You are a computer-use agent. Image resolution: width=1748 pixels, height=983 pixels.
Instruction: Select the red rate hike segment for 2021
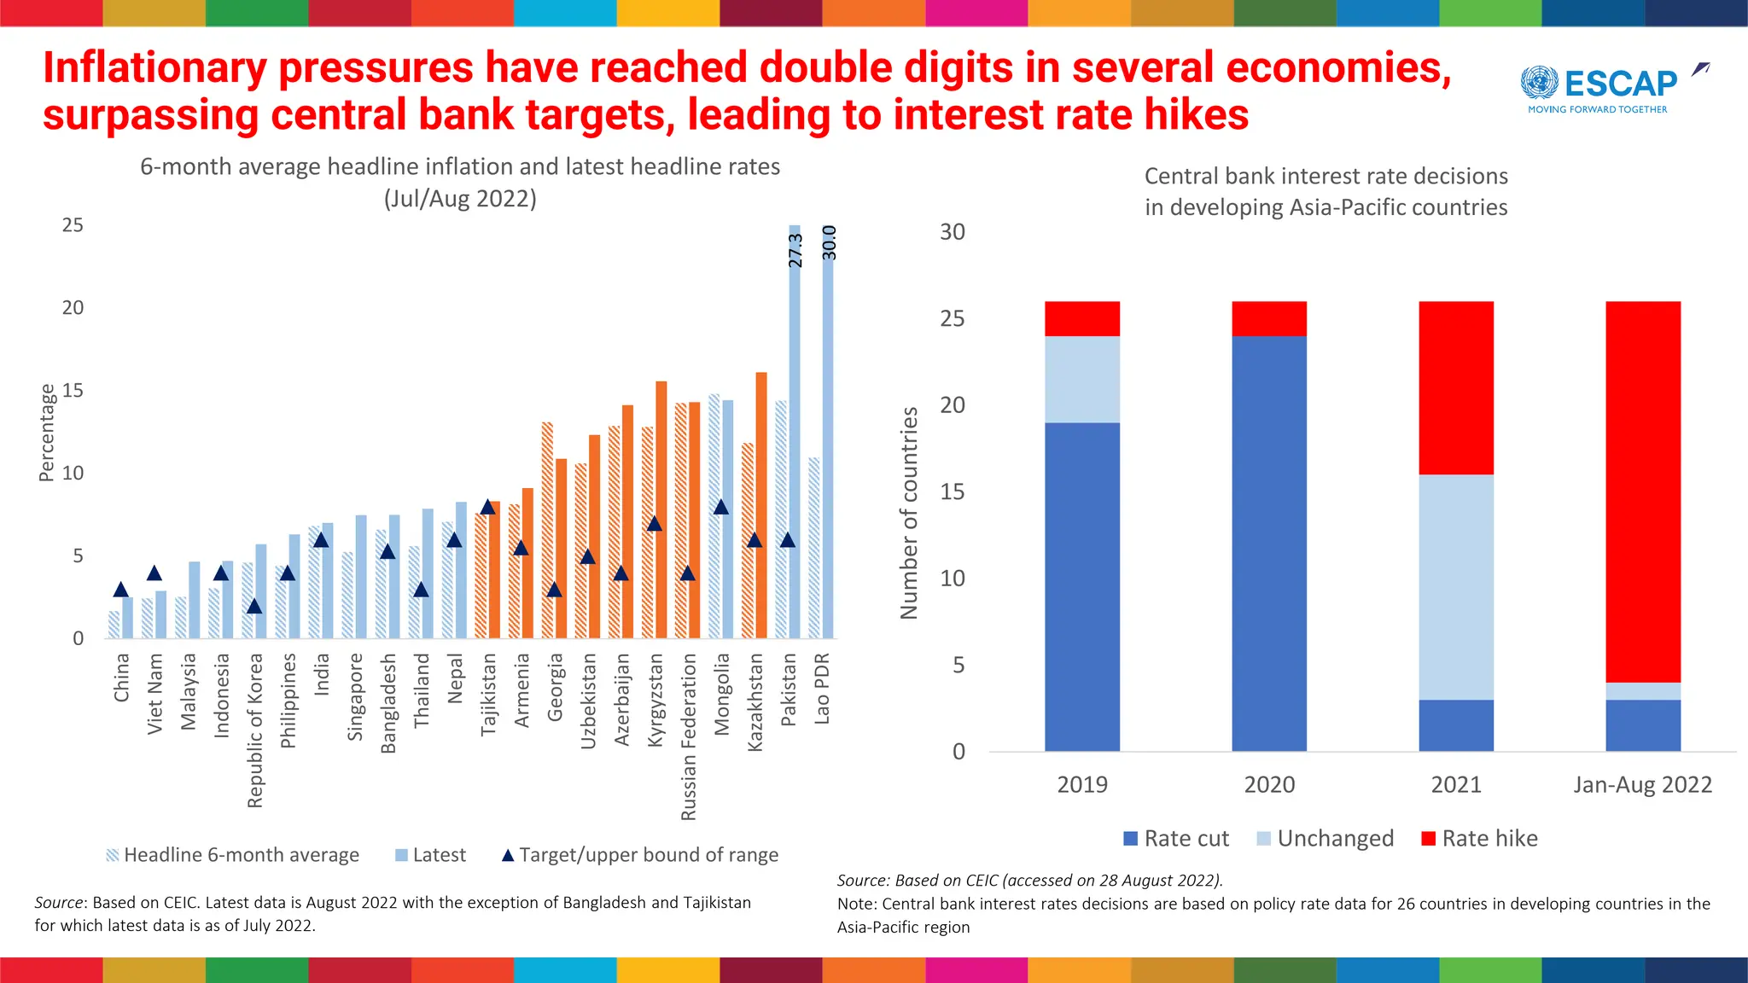click(x=1456, y=387)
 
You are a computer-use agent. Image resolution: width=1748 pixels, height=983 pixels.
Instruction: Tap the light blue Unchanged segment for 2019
click(x=1082, y=379)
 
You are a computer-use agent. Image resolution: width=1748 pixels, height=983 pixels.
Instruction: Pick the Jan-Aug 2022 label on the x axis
click(x=1642, y=785)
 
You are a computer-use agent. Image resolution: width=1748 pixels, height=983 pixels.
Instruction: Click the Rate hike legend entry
click(x=1480, y=839)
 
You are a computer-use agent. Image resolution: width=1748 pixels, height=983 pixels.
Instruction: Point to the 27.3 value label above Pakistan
click(x=795, y=251)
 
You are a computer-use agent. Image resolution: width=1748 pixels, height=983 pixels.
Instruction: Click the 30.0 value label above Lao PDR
click(x=829, y=243)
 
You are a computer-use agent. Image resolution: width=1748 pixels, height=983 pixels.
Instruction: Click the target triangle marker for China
click(x=121, y=590)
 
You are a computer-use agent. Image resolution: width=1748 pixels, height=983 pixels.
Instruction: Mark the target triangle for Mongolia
click(x=721, y=508)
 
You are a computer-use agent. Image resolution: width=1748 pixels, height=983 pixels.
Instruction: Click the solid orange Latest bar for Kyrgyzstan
click(x=661, y=509)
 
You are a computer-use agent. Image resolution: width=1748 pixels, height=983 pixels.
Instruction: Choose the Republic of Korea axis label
click(x=255, y=730)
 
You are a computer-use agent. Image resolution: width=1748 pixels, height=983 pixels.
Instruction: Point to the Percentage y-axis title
click(x=47, y=433)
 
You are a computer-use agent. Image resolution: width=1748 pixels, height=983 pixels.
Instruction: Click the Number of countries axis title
click(x=909, y=513)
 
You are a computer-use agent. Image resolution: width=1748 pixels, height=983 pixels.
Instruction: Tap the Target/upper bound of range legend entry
click(x=639, y=855)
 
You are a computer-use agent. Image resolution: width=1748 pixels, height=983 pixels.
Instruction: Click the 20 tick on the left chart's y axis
click(x=73, y=307)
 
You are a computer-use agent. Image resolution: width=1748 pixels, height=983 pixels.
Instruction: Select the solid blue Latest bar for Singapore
click(x=361, y=577)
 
